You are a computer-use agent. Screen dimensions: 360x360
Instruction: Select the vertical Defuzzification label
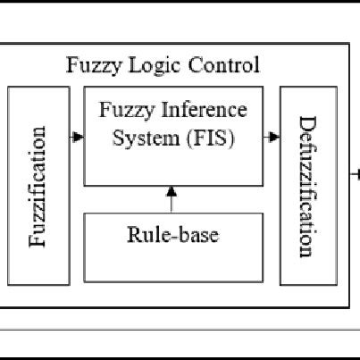tap(307, 186)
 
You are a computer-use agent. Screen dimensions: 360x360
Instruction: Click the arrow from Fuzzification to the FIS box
tap(77, 137)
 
